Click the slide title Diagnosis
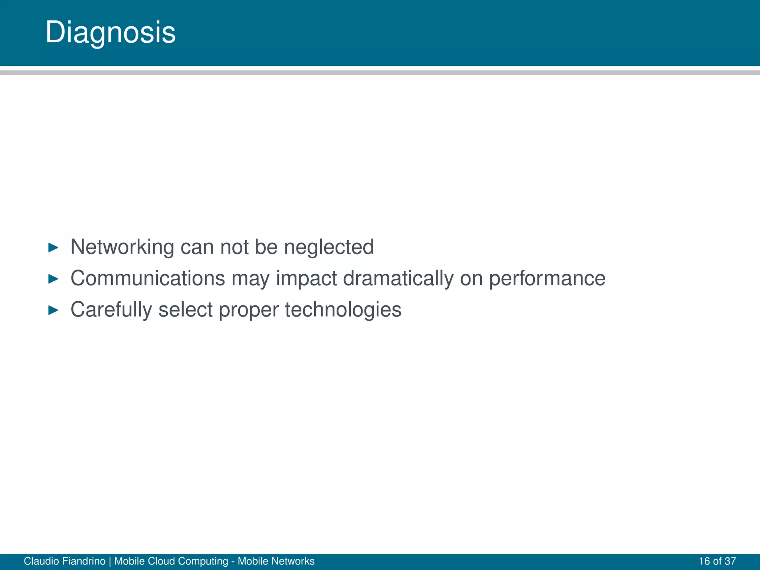click(110, 33)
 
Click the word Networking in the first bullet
click(122, 247)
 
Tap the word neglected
click(329, 247)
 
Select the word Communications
click(147, 278)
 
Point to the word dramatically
click(398, 278)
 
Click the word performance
click(547, 279)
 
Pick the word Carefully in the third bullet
click(111, 310)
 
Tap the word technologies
click(343, 310)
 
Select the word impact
click(307, 279)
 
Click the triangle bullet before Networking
click(53, 248)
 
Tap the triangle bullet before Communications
click(53, 279)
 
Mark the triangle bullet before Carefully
click(53, 310)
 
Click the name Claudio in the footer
click(41, 561)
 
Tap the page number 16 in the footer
click(704, 561)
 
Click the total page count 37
click(730, 561)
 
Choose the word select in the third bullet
click(186, 310)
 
